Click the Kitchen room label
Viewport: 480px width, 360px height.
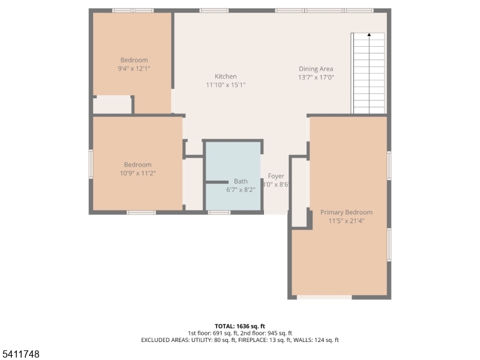(226, 76)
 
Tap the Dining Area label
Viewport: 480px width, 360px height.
(316, 69)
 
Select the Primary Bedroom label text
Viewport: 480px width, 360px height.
(346, 212)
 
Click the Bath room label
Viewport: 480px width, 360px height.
(241, 181)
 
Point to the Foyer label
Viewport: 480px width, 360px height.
(276, 176)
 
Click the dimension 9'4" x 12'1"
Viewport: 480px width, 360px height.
(134, 68)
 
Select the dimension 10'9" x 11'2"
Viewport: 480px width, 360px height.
(137, 173)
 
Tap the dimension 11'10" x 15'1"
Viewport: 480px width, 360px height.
(226, 85)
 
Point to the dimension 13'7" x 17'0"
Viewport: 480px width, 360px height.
(316, 77)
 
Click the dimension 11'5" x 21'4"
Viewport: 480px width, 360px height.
(346, 221)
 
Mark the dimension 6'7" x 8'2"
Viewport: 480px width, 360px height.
(241, 190)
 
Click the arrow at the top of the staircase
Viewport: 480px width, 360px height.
(368, 35)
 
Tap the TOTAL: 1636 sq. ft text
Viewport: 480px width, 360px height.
(239, 326)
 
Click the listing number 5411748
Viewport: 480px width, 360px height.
(21, 355)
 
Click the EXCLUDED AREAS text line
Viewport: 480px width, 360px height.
(239, 340)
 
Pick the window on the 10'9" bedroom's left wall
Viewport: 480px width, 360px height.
(91, 164)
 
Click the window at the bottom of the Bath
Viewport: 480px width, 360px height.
(219, 212)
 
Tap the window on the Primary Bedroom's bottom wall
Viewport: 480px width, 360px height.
(324, 297)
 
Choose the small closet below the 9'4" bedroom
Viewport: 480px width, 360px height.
(112, 105)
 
